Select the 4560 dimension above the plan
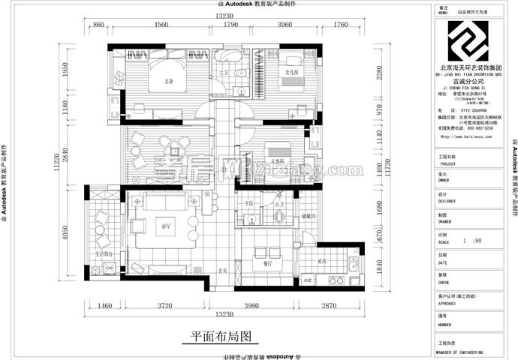click(x=161, y=25)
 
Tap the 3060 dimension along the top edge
click(x=285, y=25)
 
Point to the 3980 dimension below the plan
click(x=267, y=306)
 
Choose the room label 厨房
click(x=322, y=261)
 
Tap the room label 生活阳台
click(x=104, y=254)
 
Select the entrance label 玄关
click(x=222, y=271)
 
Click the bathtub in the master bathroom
click(x=227, y=57)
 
